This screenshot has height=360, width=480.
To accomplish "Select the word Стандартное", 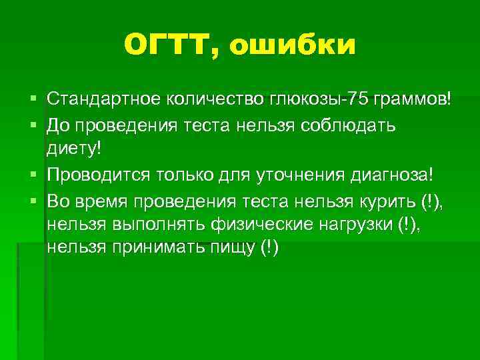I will pyautogui.click(x=100, y=99).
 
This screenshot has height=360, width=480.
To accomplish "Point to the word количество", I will pyautogui.click(x=209, y=99).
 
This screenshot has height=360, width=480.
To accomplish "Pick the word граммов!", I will pyautogui.click(x=412, y=99).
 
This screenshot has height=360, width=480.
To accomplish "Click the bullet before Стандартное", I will pyautogui.click(x=33, y=100).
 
